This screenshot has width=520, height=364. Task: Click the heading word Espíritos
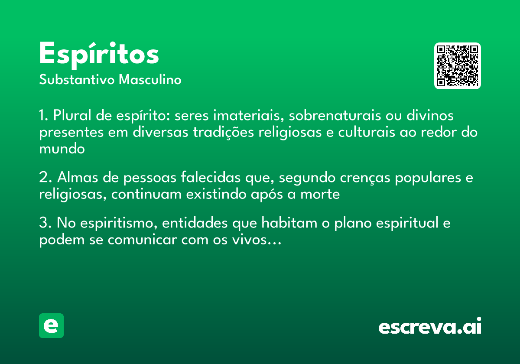pos(99,55)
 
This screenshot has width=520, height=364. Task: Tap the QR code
pos(458,66)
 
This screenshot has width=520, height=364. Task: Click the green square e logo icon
pos(51,325)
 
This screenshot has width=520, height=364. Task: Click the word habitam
pos(287,224)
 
